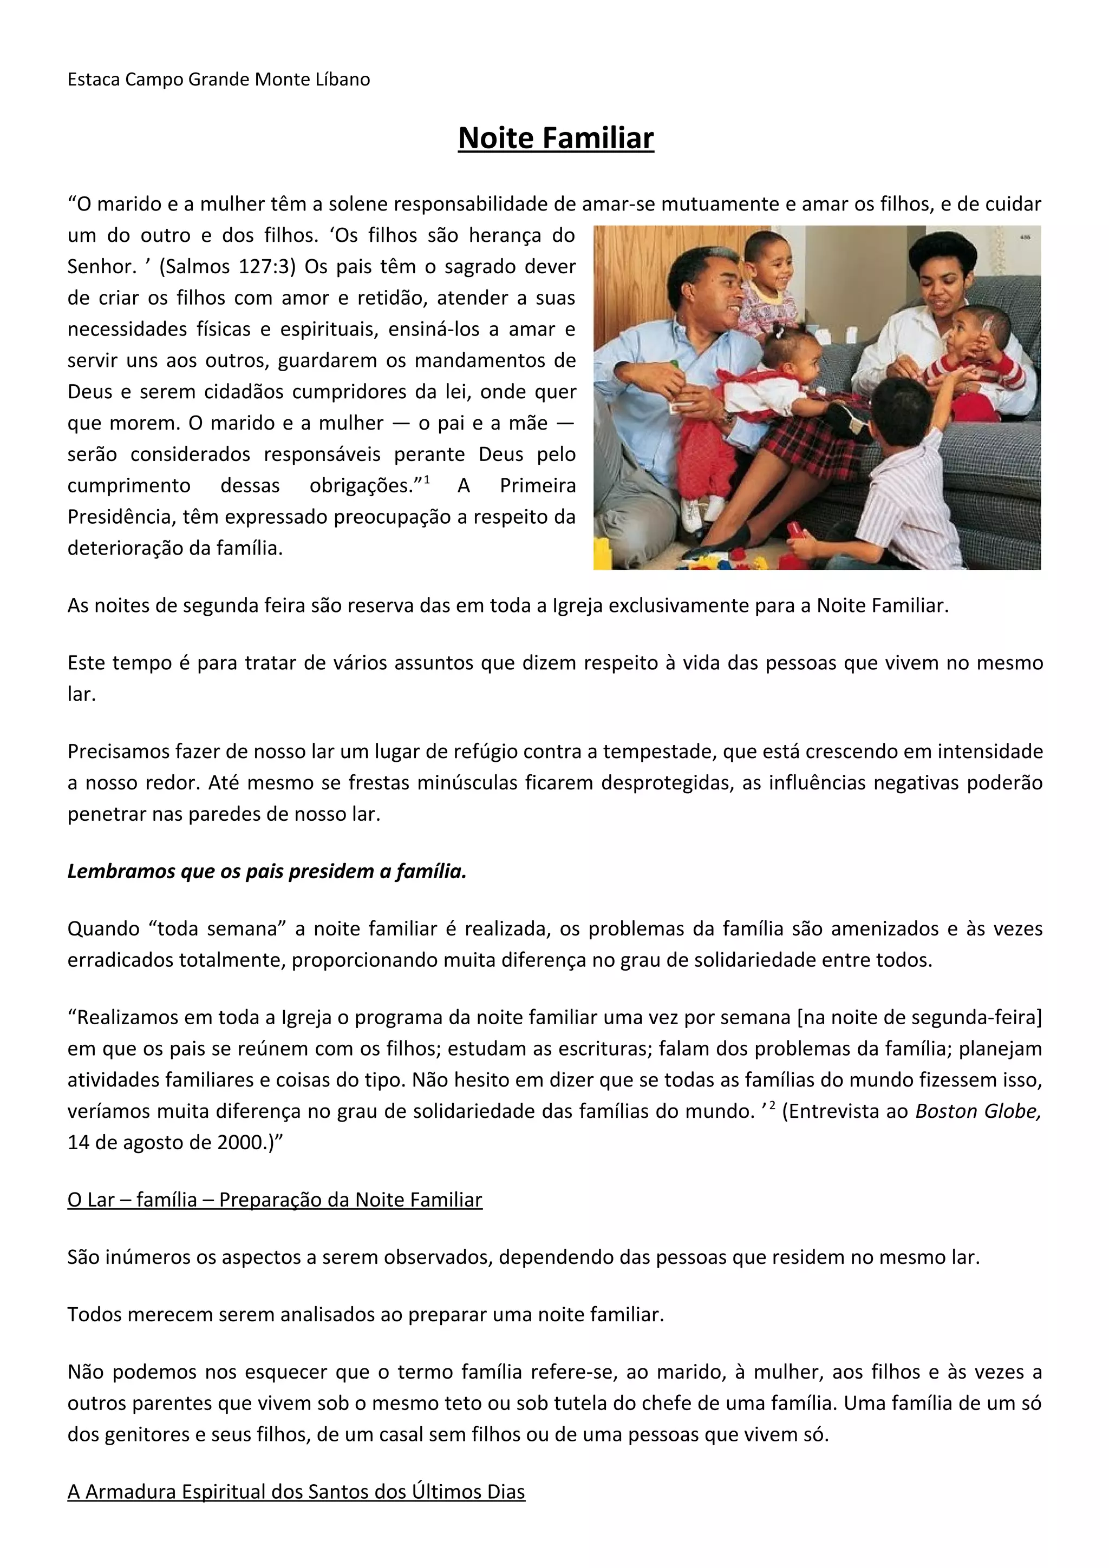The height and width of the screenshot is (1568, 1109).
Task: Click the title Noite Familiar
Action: (556, 138)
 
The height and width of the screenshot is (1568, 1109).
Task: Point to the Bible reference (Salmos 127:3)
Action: (227, 266)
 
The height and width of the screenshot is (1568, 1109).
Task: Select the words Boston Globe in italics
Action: (977, 1111)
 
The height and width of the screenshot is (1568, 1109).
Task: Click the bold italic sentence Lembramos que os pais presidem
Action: (266, 872)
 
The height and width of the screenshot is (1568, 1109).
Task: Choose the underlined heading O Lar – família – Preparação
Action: (275, 1200)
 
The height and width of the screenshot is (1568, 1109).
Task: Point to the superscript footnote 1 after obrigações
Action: (427, 479)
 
